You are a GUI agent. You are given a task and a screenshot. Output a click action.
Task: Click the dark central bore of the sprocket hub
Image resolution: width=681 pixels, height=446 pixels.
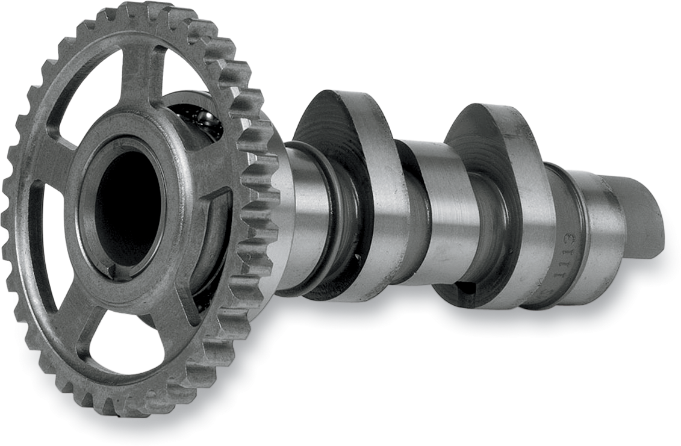pos(128,205)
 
